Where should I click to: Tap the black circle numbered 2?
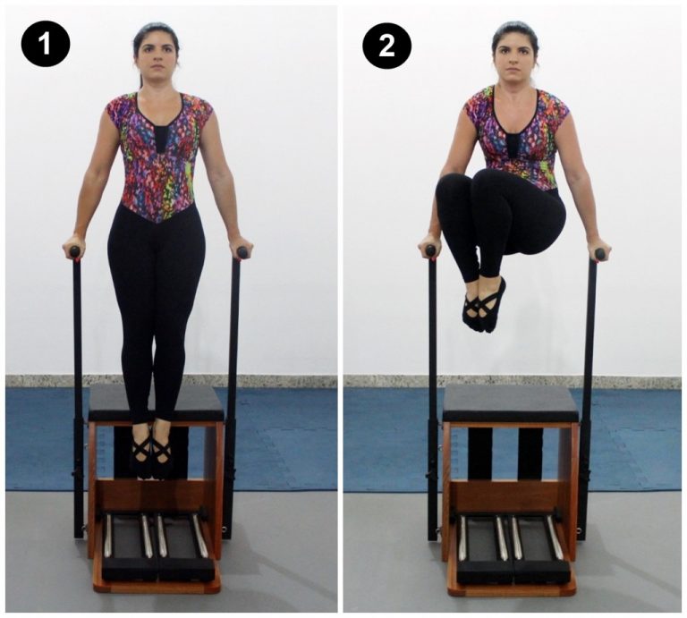pyautogui.click(x=386, y=45)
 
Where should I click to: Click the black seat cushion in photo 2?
pyautogui.click(x=511, y=403)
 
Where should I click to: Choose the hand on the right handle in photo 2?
pyautogui.click(x=597, y=249)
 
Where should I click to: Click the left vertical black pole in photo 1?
pyautogui.click(x=77, y=394)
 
